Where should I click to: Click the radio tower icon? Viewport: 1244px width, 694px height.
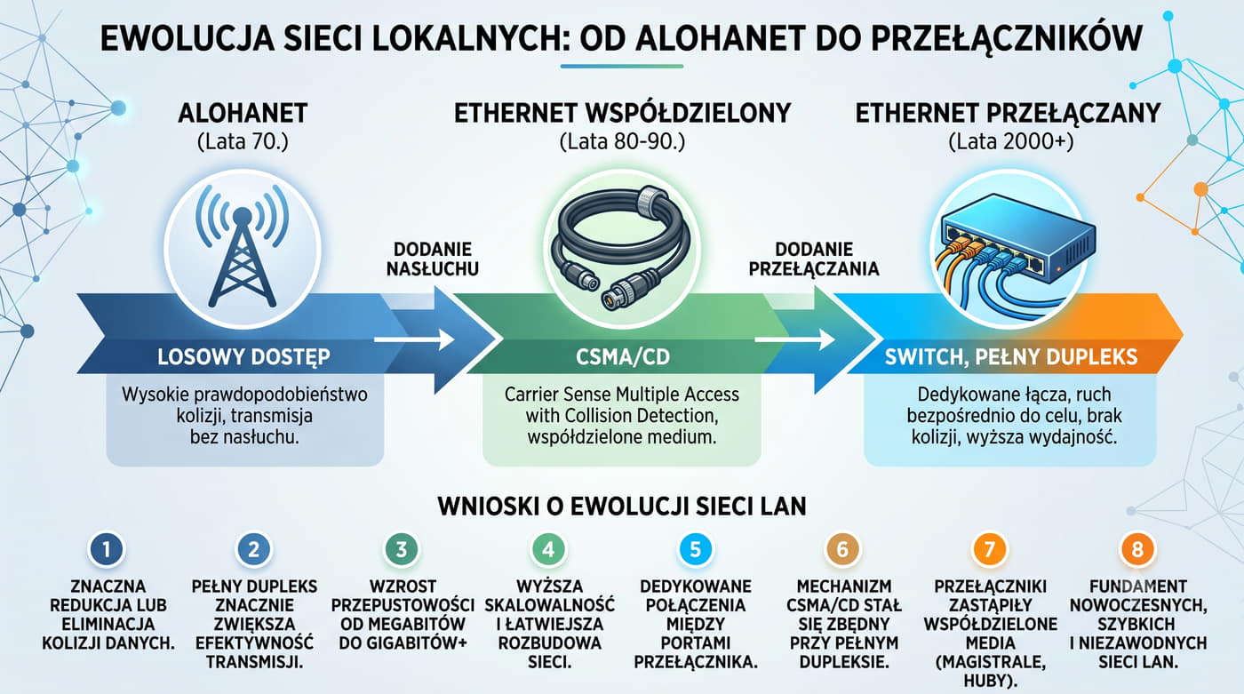(242, 246)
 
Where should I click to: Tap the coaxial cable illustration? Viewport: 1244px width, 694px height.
(621, 248)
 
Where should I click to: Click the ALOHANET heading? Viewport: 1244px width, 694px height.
(243, 113)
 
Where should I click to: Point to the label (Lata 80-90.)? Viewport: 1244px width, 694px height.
(622, 142)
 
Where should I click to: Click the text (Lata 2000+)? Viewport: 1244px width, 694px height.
(1011, 142)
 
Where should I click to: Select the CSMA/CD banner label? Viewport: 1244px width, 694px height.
(623, 357)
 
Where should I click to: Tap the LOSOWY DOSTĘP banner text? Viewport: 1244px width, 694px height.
(243, 357)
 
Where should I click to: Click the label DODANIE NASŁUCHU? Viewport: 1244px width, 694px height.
(433, 259)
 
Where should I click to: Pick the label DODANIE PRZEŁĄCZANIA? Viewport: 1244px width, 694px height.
(814, 259)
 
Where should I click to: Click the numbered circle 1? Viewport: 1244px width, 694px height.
(107, 549)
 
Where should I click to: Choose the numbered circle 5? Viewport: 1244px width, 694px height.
(695, 549)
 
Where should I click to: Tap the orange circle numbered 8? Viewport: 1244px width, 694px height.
(1136, 549)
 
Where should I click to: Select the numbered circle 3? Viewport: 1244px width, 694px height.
(401, 549)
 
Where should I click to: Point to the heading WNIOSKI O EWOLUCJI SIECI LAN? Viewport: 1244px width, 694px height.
(622, 507)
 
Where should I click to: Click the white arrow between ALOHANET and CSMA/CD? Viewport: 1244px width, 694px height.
(415, 339)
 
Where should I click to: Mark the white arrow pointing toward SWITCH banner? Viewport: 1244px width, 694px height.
(795, 339)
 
